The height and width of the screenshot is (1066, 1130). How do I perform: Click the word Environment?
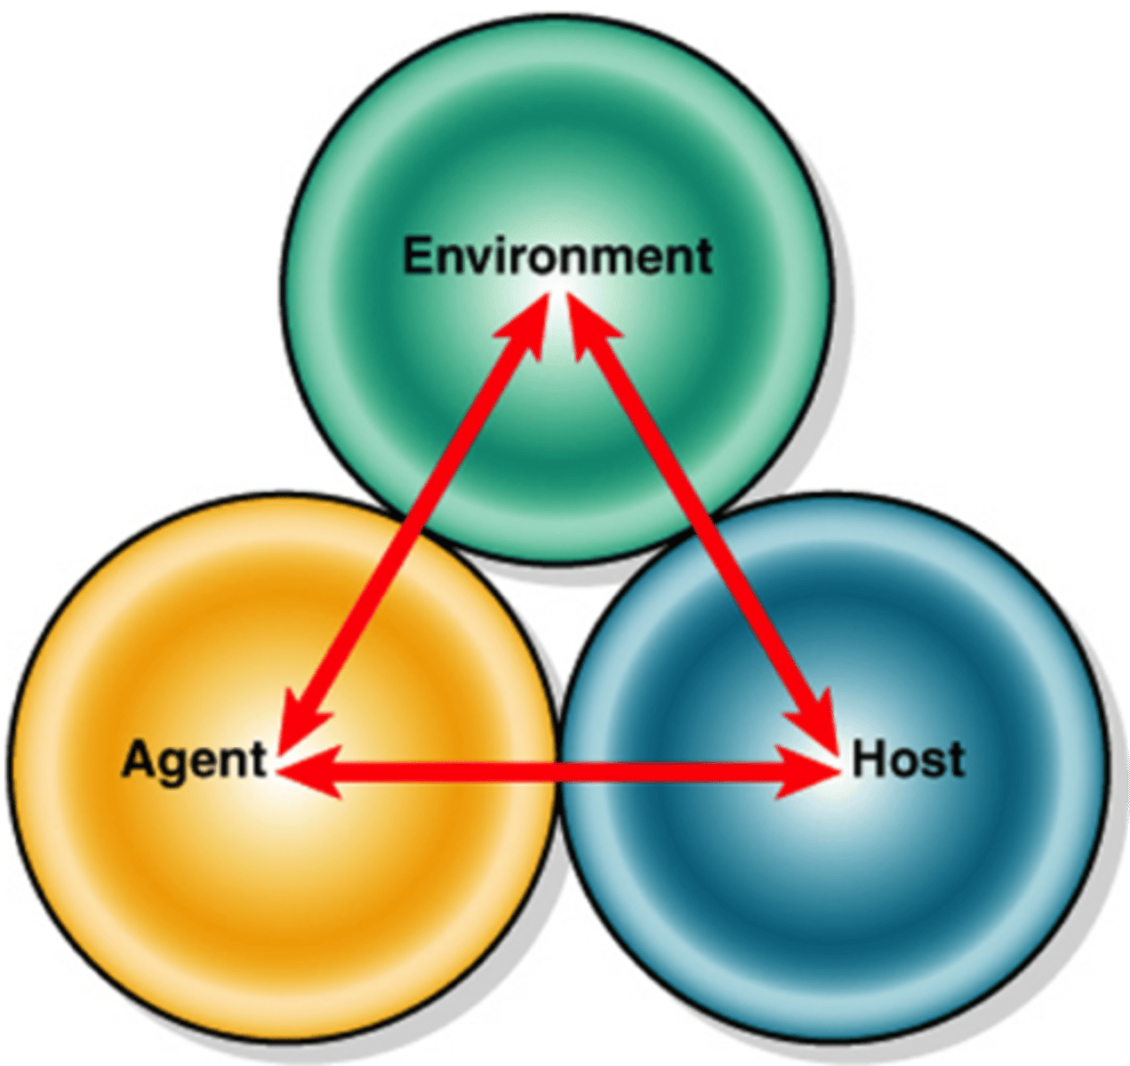[x=557, y=257]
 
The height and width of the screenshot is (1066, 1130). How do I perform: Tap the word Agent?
[x=194, y=761]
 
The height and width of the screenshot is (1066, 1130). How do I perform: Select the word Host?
[x=908, y=761]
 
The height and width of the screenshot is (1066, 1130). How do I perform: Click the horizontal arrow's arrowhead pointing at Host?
[x=809, y=772]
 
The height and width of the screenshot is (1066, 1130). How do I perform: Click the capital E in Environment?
[x=418, y=257]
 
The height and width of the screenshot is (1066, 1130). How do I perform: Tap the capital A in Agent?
[x=137, y=760]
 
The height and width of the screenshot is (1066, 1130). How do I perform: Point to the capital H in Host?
[x=867, y=760]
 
